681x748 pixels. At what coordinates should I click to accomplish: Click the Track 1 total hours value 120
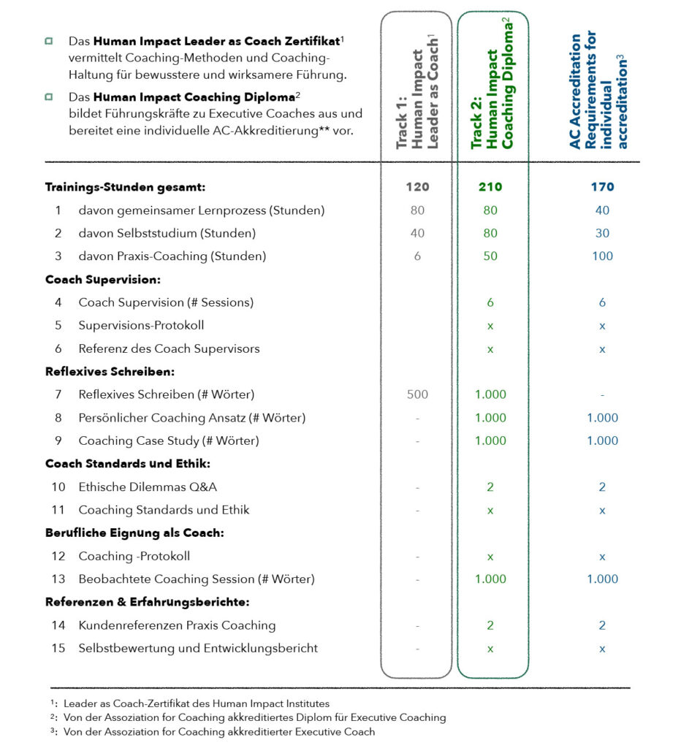417,187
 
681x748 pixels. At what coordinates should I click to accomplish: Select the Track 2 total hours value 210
490,187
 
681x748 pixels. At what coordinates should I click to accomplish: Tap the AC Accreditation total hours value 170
602,187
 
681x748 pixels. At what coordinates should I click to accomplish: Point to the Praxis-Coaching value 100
602,256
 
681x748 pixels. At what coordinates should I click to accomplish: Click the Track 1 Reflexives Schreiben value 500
417,395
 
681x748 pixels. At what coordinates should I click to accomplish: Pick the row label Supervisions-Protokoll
141,326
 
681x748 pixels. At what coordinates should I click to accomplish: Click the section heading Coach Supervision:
103,280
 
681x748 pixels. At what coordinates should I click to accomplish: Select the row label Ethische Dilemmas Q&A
148,487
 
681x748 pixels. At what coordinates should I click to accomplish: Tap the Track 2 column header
492,86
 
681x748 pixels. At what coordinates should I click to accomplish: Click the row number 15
58,649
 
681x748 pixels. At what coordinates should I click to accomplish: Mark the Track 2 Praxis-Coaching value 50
490,256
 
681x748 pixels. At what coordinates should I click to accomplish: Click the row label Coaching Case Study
169,441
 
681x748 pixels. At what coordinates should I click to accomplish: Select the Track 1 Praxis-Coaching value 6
417,256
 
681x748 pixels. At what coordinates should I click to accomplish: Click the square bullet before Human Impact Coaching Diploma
49,96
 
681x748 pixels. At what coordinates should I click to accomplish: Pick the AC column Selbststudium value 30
602,234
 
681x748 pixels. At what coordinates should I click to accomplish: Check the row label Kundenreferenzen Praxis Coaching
177,626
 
